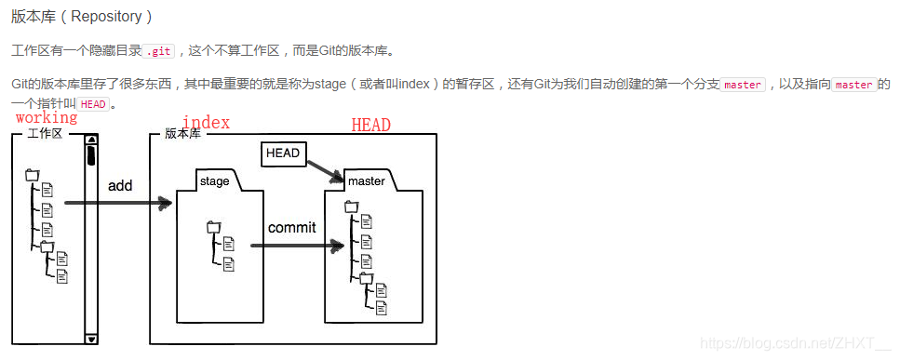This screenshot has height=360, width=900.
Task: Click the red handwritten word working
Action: tap(47, 118)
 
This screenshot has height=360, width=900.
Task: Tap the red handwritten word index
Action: tap(206, 123)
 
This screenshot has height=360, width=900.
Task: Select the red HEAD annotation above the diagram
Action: tap(370, 125)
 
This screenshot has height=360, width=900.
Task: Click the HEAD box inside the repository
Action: tap(283, 153)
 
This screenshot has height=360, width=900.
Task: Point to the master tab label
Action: tap(366, 180)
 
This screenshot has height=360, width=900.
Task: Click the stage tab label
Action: tap(214, 181)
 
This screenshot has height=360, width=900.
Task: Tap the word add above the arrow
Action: tap(120, 185)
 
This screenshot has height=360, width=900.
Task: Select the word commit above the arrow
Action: tap(291, 227)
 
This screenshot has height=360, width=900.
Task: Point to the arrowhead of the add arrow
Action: tap(166, 203)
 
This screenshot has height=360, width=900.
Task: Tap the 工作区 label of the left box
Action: tap(45, 134)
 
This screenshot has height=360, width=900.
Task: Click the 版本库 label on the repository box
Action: tap(182, 134)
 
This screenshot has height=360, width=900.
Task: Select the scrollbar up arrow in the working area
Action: tap(90, 141)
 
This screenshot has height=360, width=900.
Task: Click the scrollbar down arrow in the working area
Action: tap(90, 340)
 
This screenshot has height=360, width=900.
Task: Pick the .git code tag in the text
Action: tap(160, 50)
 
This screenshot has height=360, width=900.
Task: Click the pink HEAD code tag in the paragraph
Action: tap(93, 104)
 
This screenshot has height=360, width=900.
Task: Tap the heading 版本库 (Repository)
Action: tap(82, 17)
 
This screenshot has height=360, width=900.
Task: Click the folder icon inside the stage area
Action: tap(214, 226)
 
